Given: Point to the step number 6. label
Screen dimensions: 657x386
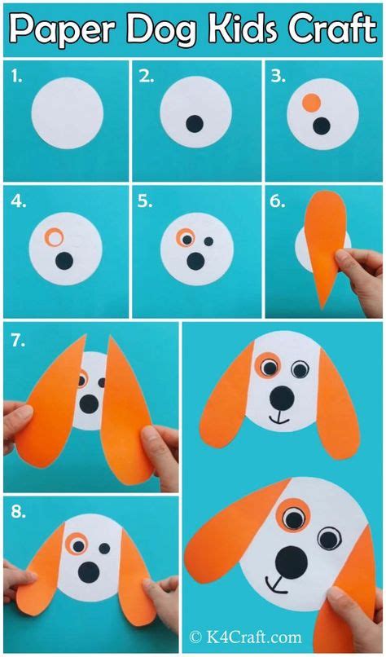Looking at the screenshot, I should click(x=277, y=201).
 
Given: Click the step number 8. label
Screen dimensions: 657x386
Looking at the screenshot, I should click(x=19, y=514).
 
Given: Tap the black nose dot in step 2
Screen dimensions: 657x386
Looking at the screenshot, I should click(x=195, y=124).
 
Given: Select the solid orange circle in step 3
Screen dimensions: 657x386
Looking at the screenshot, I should click(x=310, y=104).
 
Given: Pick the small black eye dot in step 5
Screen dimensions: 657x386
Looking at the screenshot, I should click(x=208, y=241).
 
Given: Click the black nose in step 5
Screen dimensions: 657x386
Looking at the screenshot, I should click(x=195, y=261).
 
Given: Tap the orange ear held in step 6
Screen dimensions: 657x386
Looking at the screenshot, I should click(x=324, y=245).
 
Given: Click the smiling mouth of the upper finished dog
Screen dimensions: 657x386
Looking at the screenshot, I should click(x=279, y=420).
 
